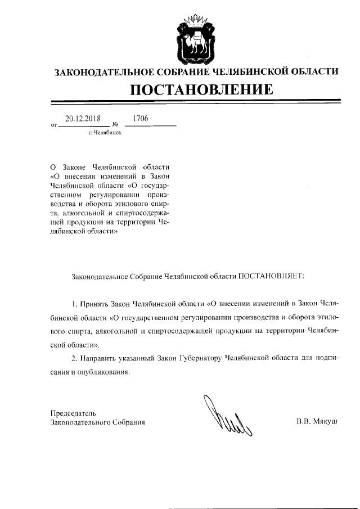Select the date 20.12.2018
coord(83,119)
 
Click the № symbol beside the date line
coord(115,124)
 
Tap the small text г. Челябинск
coord(105,133)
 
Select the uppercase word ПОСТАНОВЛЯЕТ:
coord(271,276)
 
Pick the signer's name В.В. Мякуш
coord(316,421)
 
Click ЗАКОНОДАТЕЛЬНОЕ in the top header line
coord(100,72)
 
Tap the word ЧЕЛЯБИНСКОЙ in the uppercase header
coord(250,72)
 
